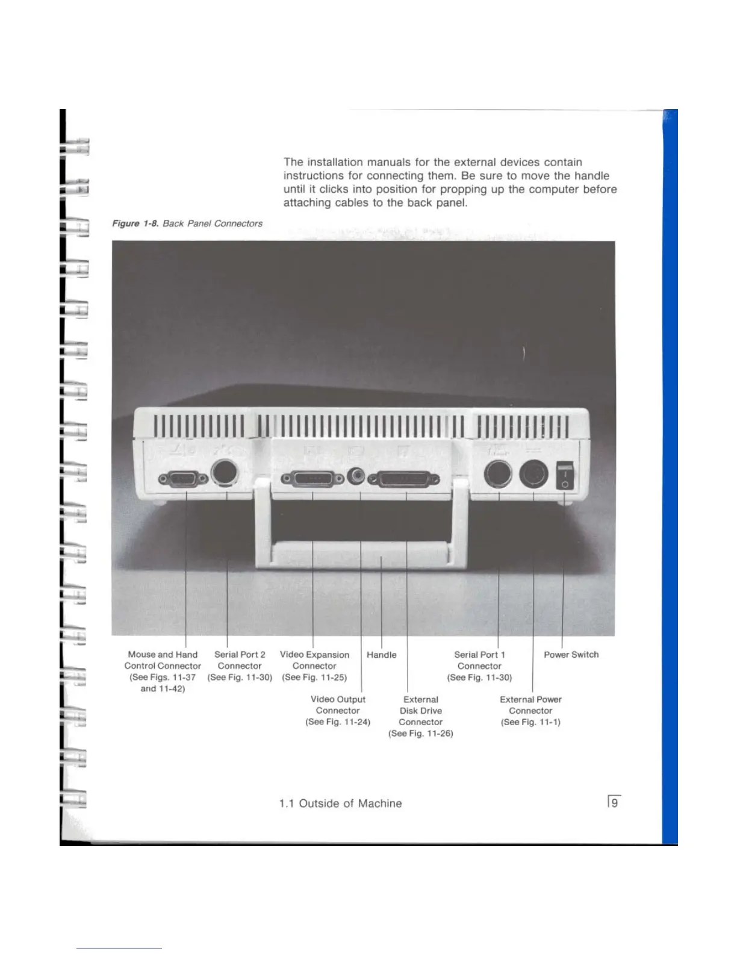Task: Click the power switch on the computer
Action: pos(565,476)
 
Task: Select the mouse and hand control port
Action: pos(183,479)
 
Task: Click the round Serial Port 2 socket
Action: pos(226,473)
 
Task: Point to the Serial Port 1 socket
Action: pos(499,475)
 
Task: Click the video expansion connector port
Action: pos(313,479)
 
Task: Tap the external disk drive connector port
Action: pos(404,479)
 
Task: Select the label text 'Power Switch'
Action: pos(571,655)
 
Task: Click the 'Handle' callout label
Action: pos(381,655)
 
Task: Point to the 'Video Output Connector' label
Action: pos(338,705)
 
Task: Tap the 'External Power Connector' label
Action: pos(530,705)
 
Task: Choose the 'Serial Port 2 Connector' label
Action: pos(240,660)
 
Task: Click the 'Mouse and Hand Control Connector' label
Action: pos(163,660)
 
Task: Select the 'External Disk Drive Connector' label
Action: pos(421,711)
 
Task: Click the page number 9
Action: pos(614,803)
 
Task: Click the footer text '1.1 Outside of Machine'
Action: pos(340,803)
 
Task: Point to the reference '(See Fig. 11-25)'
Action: pos(314,678)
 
